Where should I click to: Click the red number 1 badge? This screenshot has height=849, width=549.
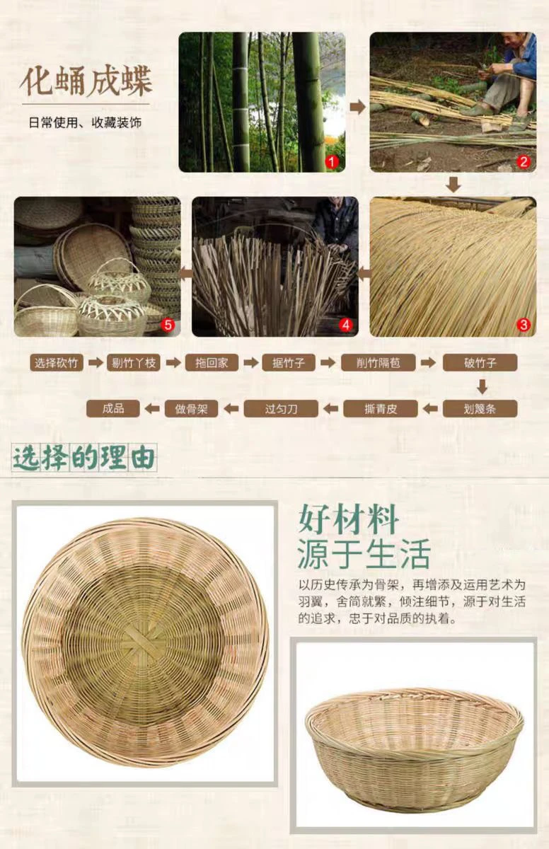[332, 162]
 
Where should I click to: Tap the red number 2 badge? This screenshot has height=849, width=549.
[524, 162]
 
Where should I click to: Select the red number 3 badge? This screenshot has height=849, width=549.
[524, 325]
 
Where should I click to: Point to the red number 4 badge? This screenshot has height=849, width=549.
[345, 325]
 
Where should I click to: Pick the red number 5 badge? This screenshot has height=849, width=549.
[168, 325]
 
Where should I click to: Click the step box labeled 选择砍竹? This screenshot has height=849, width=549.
[57, 363]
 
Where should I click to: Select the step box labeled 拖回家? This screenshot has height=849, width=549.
[212, 363]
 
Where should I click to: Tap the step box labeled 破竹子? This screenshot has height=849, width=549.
[480, 363]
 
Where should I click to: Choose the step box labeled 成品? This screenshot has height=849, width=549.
[113, 409]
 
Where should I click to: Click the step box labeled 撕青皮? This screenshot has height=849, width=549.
[381, 409]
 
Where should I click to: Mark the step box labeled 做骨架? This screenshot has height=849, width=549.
[191, 409]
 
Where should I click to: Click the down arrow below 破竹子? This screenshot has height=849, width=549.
[482, 386]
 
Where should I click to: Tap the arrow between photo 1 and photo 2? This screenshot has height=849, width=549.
[357, 108]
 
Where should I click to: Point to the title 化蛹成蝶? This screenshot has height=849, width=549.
[86, 81]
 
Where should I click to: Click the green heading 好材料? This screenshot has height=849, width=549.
[348, 519]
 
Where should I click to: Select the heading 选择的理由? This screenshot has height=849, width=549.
[84, 458]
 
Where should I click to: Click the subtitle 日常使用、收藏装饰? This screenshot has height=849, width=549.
[85, 123]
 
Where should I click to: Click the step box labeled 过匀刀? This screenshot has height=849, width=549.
[281, 409]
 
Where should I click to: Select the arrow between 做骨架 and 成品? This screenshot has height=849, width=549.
[152, 409]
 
